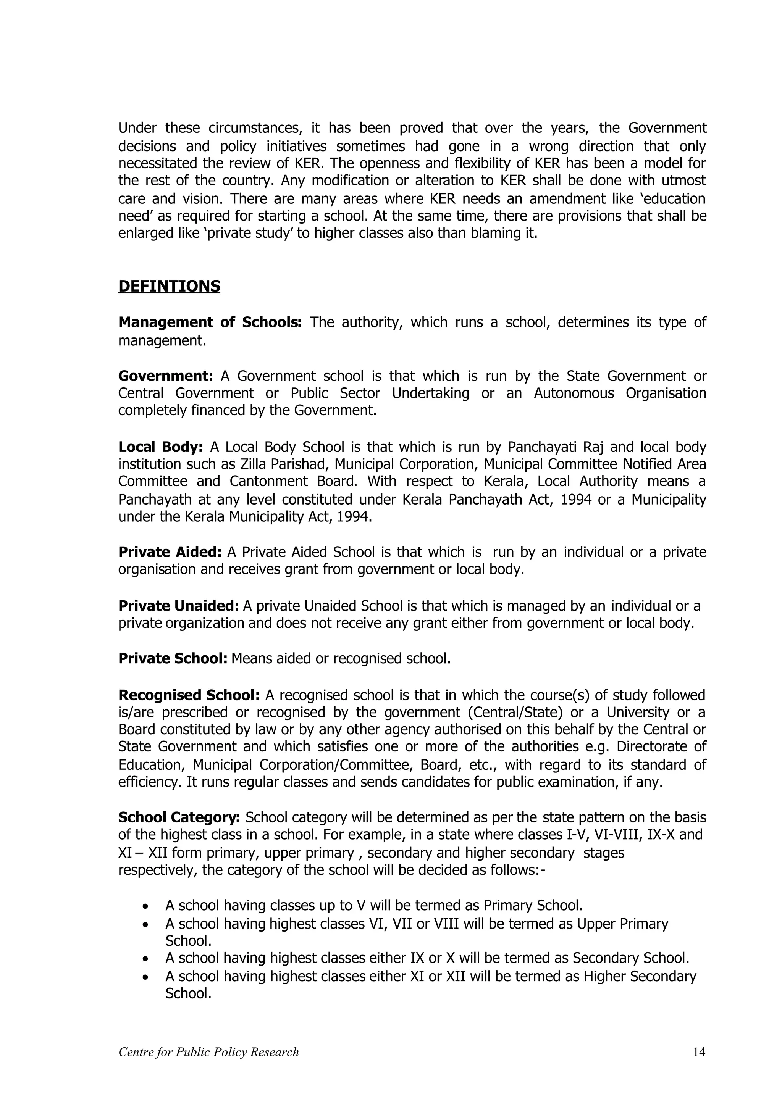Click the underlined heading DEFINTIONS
coord(169,286)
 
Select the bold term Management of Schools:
coord(210,322)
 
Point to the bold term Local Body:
coord(160,447)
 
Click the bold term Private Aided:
coord(170,552)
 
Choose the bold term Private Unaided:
coord(178,606)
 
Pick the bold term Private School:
coord(173,658)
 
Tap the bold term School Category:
coord(179,817)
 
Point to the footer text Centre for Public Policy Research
coord(208,1052)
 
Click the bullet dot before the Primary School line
coord(145,906)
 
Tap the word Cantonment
coord(273,482)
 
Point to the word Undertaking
coord(430,393)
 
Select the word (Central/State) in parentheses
coord(525,713)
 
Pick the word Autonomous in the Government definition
coord(574,393)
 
